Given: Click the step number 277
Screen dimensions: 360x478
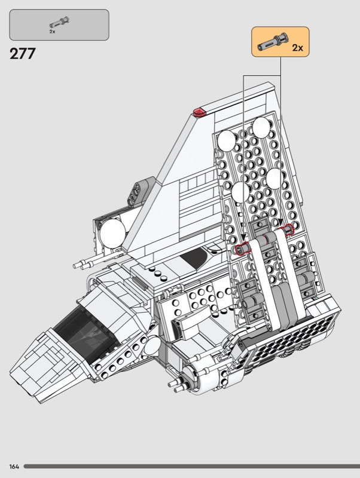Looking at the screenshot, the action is click(23, 54).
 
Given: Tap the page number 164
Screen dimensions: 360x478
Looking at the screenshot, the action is click(14, 467).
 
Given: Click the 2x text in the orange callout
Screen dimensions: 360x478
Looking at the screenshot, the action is click(297, 48).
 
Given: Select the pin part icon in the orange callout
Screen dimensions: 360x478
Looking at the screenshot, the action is click(272, 42).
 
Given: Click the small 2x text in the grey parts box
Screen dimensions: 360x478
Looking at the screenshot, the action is click(53, 32).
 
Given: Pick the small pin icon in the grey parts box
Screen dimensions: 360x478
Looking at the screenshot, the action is click(60, 22).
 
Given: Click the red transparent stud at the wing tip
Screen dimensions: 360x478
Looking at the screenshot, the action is click(199, 112).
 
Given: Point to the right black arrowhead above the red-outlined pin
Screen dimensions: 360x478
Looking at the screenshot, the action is click(280, 222).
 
